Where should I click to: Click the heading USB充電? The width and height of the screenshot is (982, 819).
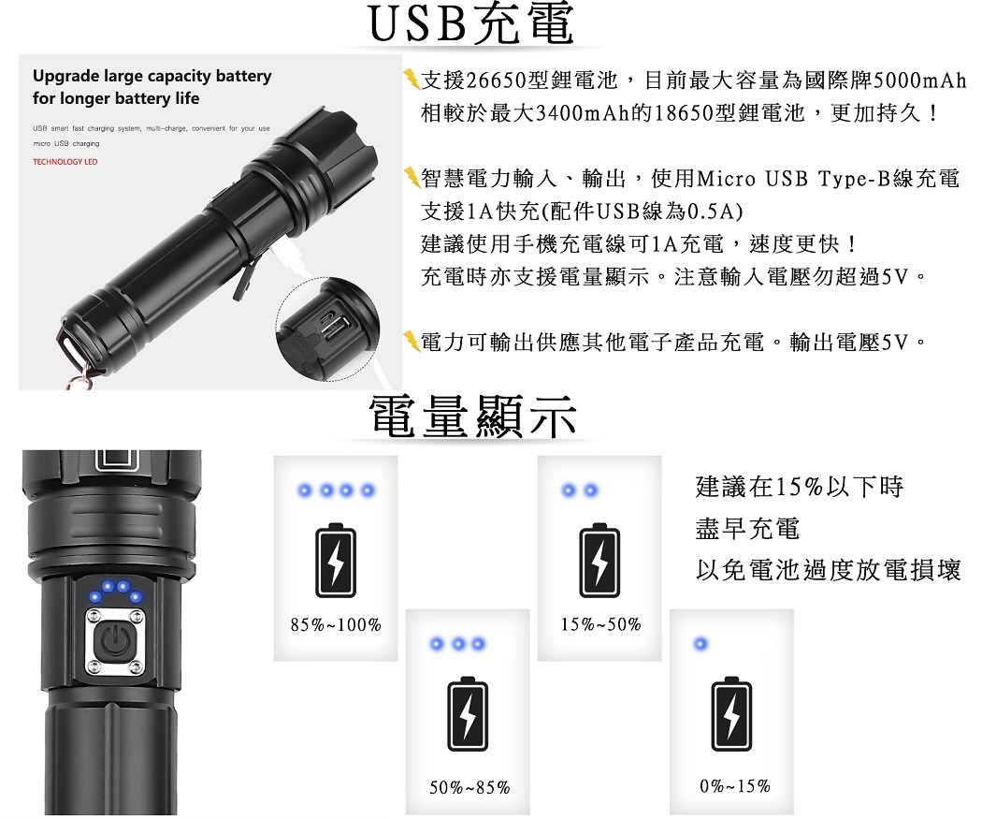[x=471, y=25]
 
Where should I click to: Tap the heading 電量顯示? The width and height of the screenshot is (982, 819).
[x=471, y=417]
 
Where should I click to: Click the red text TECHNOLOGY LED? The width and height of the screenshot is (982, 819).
[x=65, y=162]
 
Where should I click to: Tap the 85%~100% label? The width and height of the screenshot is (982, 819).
[x=336, y=625]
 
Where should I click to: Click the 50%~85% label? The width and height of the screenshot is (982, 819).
[x=469, y=787]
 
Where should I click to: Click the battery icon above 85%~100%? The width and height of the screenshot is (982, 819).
[x=336, y=559]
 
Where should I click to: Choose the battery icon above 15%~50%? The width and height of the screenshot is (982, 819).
[x=599, y=559]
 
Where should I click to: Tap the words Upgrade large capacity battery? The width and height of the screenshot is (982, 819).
[x=152, y=76]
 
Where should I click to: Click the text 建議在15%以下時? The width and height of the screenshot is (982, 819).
[x=800, y=487]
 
